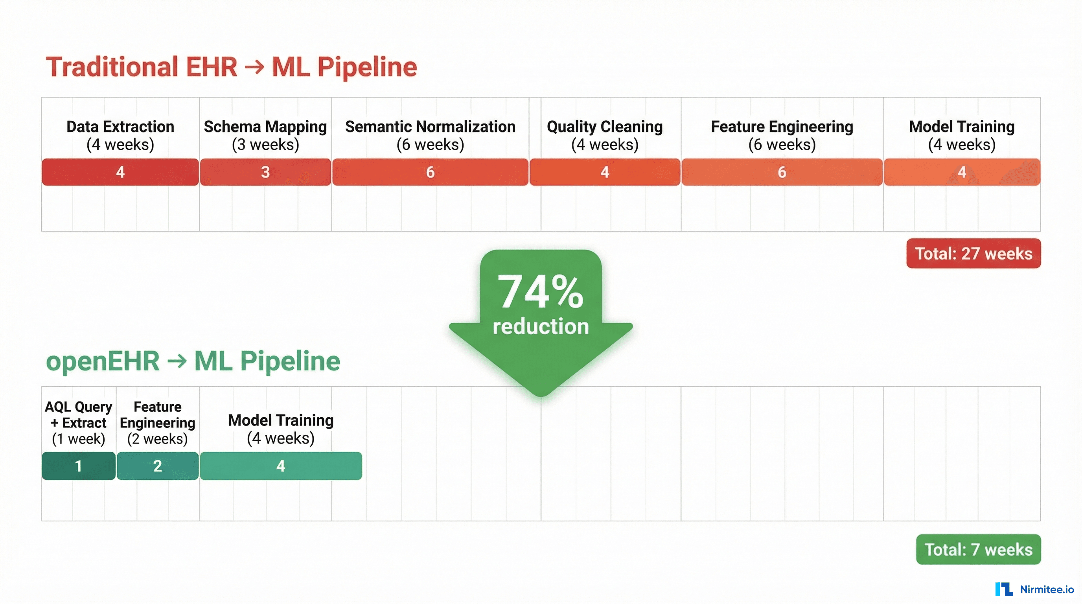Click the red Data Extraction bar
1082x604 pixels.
coord(120,172)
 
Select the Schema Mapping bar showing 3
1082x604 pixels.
coord(265,172)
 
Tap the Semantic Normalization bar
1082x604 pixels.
coord(430,172)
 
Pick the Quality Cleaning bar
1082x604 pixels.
coord(604,172)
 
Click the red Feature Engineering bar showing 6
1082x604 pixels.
coord(782,172)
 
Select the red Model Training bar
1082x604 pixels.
coord(962,172)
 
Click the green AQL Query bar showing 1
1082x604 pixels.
coord(79,466)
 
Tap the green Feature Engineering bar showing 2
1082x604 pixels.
coord(158,466)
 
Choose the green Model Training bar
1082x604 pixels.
coord(281,466)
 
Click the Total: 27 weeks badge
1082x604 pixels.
coord(973,253)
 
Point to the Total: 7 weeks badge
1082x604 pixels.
coord(978,549)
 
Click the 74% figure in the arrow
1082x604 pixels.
coord(540,292)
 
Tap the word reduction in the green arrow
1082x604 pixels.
coord(541,326)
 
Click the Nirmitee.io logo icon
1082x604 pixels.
coord(1004,589)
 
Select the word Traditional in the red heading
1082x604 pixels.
coord(112,67)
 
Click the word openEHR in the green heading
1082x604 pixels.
coord(103,361)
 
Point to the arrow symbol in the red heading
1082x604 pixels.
coord(254,67)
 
